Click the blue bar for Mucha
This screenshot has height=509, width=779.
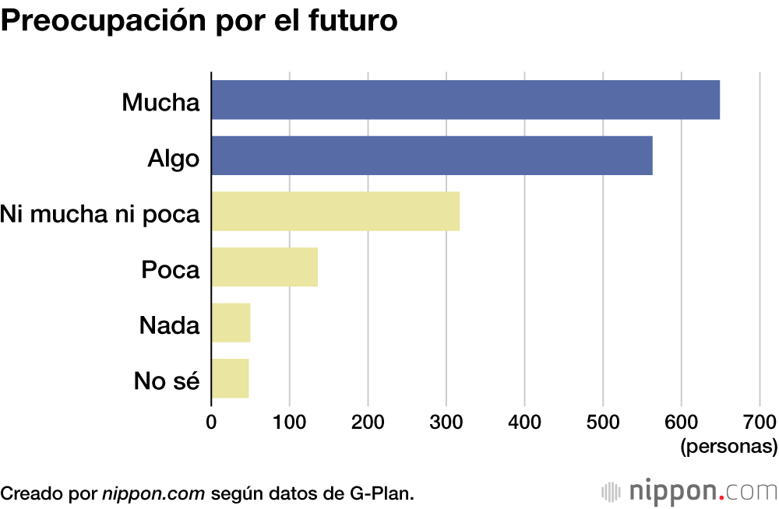click(x=465, y=100)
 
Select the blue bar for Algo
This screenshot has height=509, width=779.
click(x=432, y=155)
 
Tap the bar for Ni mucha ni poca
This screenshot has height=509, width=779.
click(x=335, y=211)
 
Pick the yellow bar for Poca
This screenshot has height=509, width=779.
click(x=264, y=267)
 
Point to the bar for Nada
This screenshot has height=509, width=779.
click(x=231, y=323)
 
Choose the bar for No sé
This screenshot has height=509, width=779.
click(x=230, y=378)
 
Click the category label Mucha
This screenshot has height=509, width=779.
click(x=160, y=102)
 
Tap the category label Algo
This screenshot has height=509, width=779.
click(x=174, y=158)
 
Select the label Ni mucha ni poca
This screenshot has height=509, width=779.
click(x=100, y=214)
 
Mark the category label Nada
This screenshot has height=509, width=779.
click(x=170, y=325)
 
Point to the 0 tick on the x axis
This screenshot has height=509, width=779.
click(x=211, y=423)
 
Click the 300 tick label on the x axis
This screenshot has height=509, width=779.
click(x=446, y=423)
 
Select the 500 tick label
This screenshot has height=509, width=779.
click(x=603, y=423)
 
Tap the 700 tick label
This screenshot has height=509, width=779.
click(x=760, y=423)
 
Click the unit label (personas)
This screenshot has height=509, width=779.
click(x=728, y=448)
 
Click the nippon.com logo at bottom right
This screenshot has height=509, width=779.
click(x=689, y=492)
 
